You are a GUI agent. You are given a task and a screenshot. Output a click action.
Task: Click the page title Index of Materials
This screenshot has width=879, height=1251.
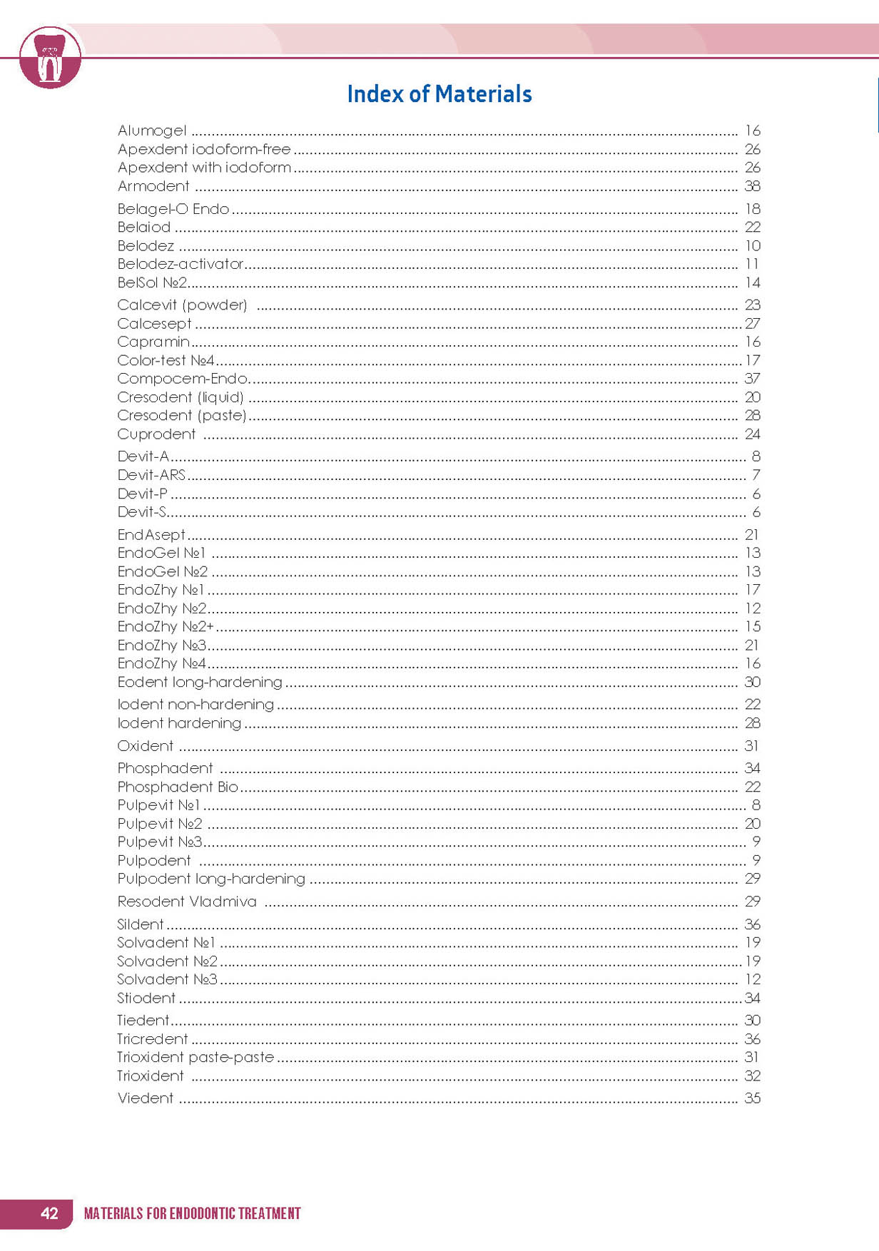[439, 94]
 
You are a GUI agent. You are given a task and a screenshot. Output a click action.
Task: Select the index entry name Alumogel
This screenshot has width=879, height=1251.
[152, 131]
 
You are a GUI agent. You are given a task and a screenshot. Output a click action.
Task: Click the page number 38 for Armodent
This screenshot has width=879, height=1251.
[752, 186]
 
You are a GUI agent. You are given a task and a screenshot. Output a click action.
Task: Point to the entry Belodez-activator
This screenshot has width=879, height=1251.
[181, 264]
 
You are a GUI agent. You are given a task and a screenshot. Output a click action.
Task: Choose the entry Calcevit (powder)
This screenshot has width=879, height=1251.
[182, 305]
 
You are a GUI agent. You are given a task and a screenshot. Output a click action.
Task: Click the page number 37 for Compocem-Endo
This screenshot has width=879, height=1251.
[752, 379]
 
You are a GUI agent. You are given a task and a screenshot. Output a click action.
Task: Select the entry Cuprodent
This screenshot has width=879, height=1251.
[156, 434]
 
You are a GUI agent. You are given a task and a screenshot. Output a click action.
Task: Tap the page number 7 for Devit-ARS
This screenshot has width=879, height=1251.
[756, 475]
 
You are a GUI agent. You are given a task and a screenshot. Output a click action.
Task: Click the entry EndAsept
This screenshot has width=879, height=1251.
[151, 535]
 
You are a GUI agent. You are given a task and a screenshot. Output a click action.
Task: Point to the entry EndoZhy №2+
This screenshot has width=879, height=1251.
[166, 627]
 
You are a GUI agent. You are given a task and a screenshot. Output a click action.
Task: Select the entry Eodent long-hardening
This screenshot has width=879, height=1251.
[200, 683]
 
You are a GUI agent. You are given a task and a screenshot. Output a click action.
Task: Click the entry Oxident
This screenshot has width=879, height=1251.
[146, 746]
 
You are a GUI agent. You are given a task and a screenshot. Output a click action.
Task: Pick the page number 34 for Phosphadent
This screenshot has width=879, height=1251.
[752, 768]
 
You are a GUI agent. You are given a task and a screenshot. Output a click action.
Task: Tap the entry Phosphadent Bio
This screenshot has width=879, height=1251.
[178, 787]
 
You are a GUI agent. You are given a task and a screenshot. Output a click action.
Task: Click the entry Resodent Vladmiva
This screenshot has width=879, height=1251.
[187, 902]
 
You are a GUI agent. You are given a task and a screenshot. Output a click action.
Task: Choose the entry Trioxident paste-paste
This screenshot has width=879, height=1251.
[195, 1057]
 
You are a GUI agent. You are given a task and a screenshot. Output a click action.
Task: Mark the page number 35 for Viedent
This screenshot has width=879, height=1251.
[752, 1098]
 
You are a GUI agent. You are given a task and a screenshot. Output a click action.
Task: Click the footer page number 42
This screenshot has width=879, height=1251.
[49, 1213]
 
